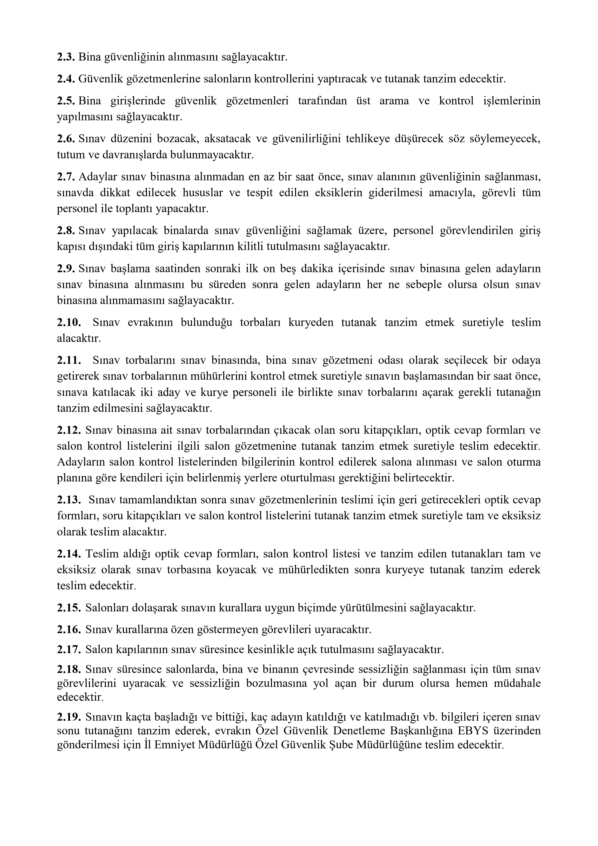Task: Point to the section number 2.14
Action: pyautogui.click(x=69, y=554)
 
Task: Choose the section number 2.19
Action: pyautogui.click(x=69, y=717)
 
